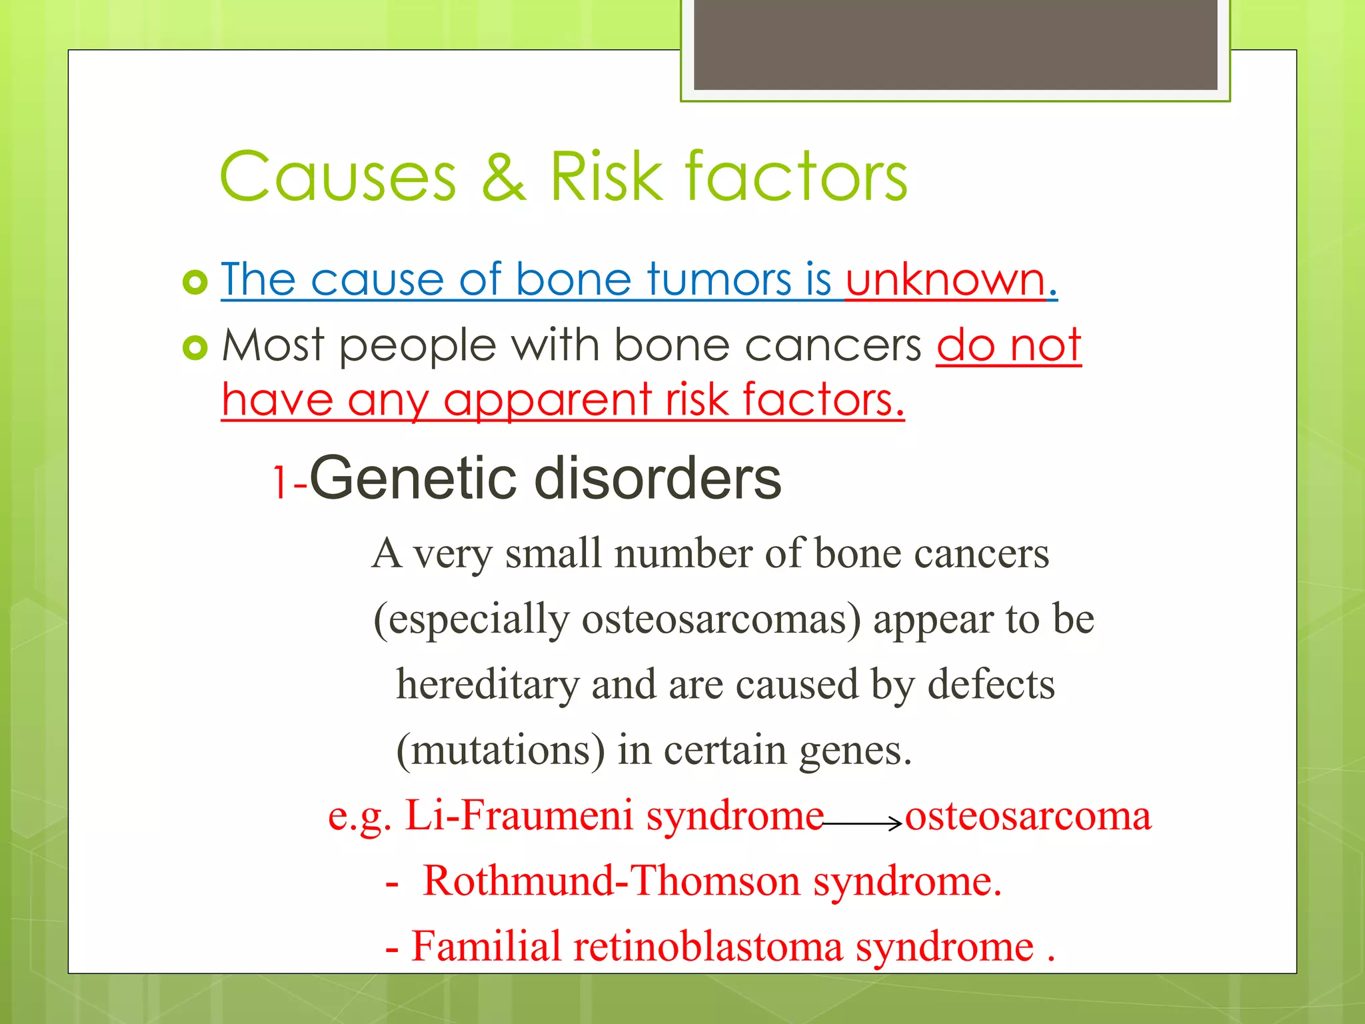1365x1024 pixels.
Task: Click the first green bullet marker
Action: coord(195,283)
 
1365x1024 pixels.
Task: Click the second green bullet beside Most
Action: coord(195,347)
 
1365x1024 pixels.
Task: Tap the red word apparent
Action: coord(547,401)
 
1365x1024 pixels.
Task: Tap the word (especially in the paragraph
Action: coord(471,620)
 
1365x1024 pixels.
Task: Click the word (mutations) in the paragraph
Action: coord(501,751)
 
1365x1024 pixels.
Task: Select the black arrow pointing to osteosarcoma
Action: coord(863,825)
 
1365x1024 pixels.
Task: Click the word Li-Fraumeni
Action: coord(519,815)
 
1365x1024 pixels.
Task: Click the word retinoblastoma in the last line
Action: coord(707,947)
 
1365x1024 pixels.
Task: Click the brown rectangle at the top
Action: coord(955,44)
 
